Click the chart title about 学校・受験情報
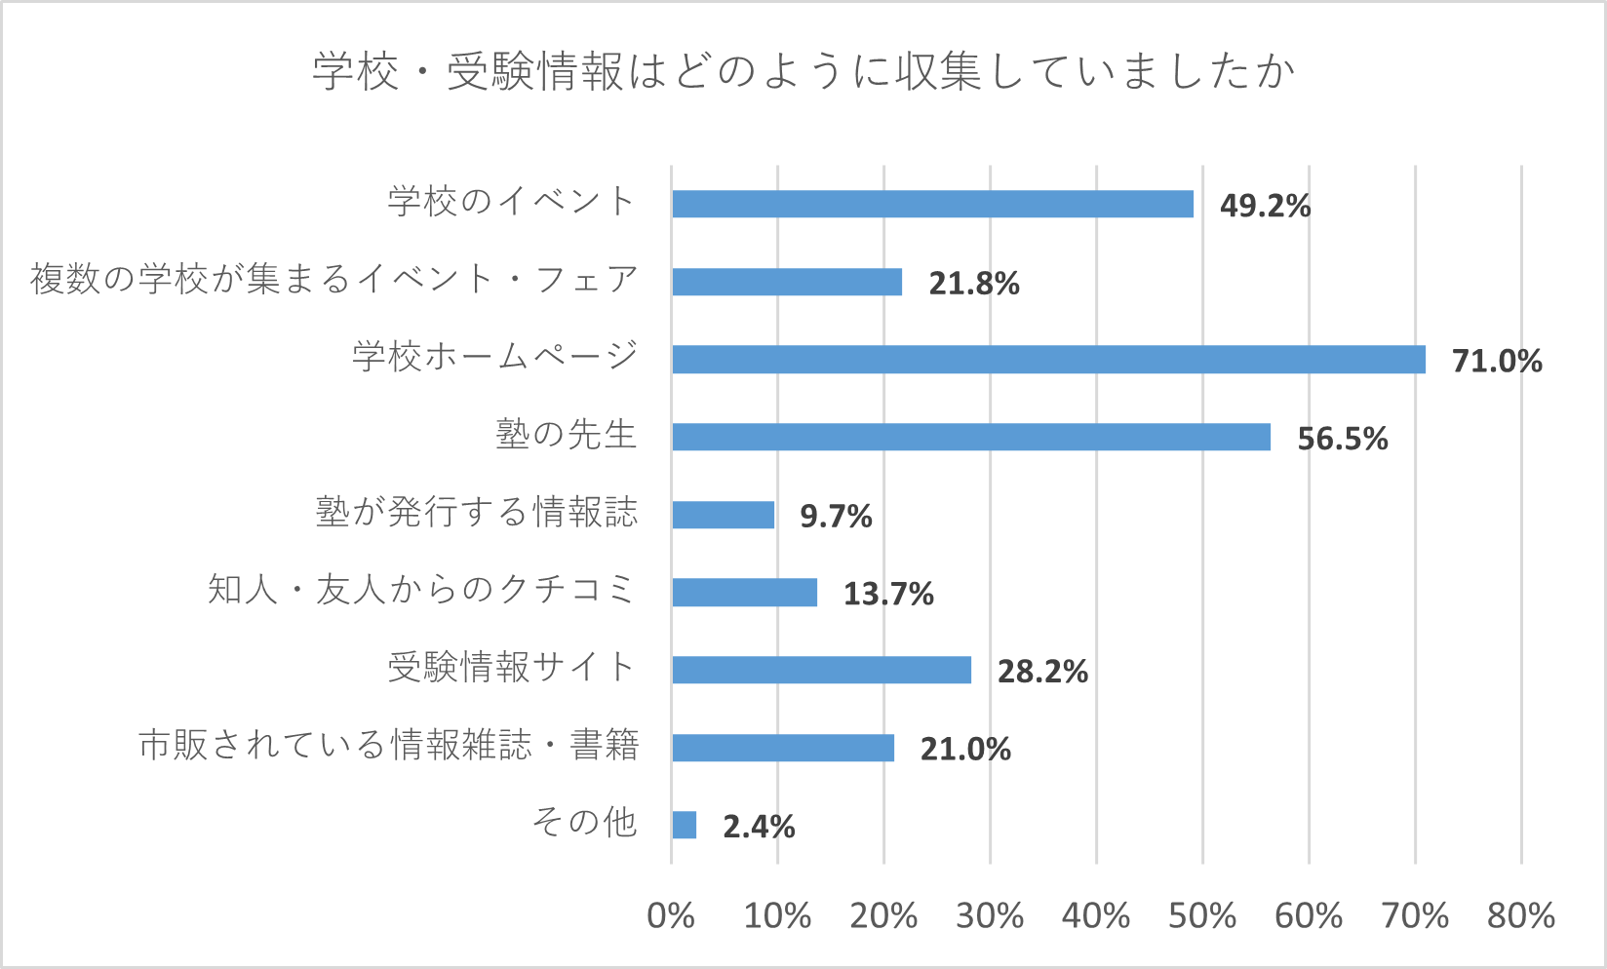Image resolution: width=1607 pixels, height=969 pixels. pyautogui.click(x=803, y=72)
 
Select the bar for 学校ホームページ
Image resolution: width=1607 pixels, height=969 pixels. pyautogui.click(x=1048, y=360)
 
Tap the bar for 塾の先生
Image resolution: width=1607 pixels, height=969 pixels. pyautogui.click(x=971, y=437)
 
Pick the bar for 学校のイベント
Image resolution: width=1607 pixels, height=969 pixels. pyautogui.click(x=932, y=204)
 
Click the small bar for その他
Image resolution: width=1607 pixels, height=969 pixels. pyautogui.click(x=685, y=826)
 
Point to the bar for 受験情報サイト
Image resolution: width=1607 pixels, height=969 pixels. pyautogui.click(x=821, y=671)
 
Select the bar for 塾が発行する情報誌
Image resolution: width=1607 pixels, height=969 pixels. pyautogui.click(x=723, y=515)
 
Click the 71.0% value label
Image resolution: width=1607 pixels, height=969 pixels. pyautogui.click(x=1497, y=362)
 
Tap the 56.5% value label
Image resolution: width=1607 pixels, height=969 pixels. pyautogui.click(x=1342, y=439)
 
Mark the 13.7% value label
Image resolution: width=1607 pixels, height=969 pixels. pyautogui.click(x=888, y=594)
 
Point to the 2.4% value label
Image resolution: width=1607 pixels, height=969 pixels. pyautogui.click(x=759, y=828)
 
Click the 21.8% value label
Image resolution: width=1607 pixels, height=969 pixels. pyautogui.click(x=973, y=284)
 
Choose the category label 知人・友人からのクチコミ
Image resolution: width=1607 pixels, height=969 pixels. pyautogui.click(x=421, y=590)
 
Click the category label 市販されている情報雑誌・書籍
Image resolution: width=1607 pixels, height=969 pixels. pyautogui.click(x=388, y=746)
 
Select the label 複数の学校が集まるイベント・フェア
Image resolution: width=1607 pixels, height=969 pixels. pyautogui.click(x=333, y=280)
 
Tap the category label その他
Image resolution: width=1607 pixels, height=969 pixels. pyautogui.click(x=584, y=823)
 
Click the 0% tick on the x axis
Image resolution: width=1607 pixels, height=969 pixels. pyautogui.click(x=671, y=916)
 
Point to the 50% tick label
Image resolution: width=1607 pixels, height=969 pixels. pyautogui.click(x=1202, y=916)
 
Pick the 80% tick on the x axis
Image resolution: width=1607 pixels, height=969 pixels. pyautogui.click(x=1520, y=916)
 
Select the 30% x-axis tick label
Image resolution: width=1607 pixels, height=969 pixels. pyautogui.click(x=990, y=916)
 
